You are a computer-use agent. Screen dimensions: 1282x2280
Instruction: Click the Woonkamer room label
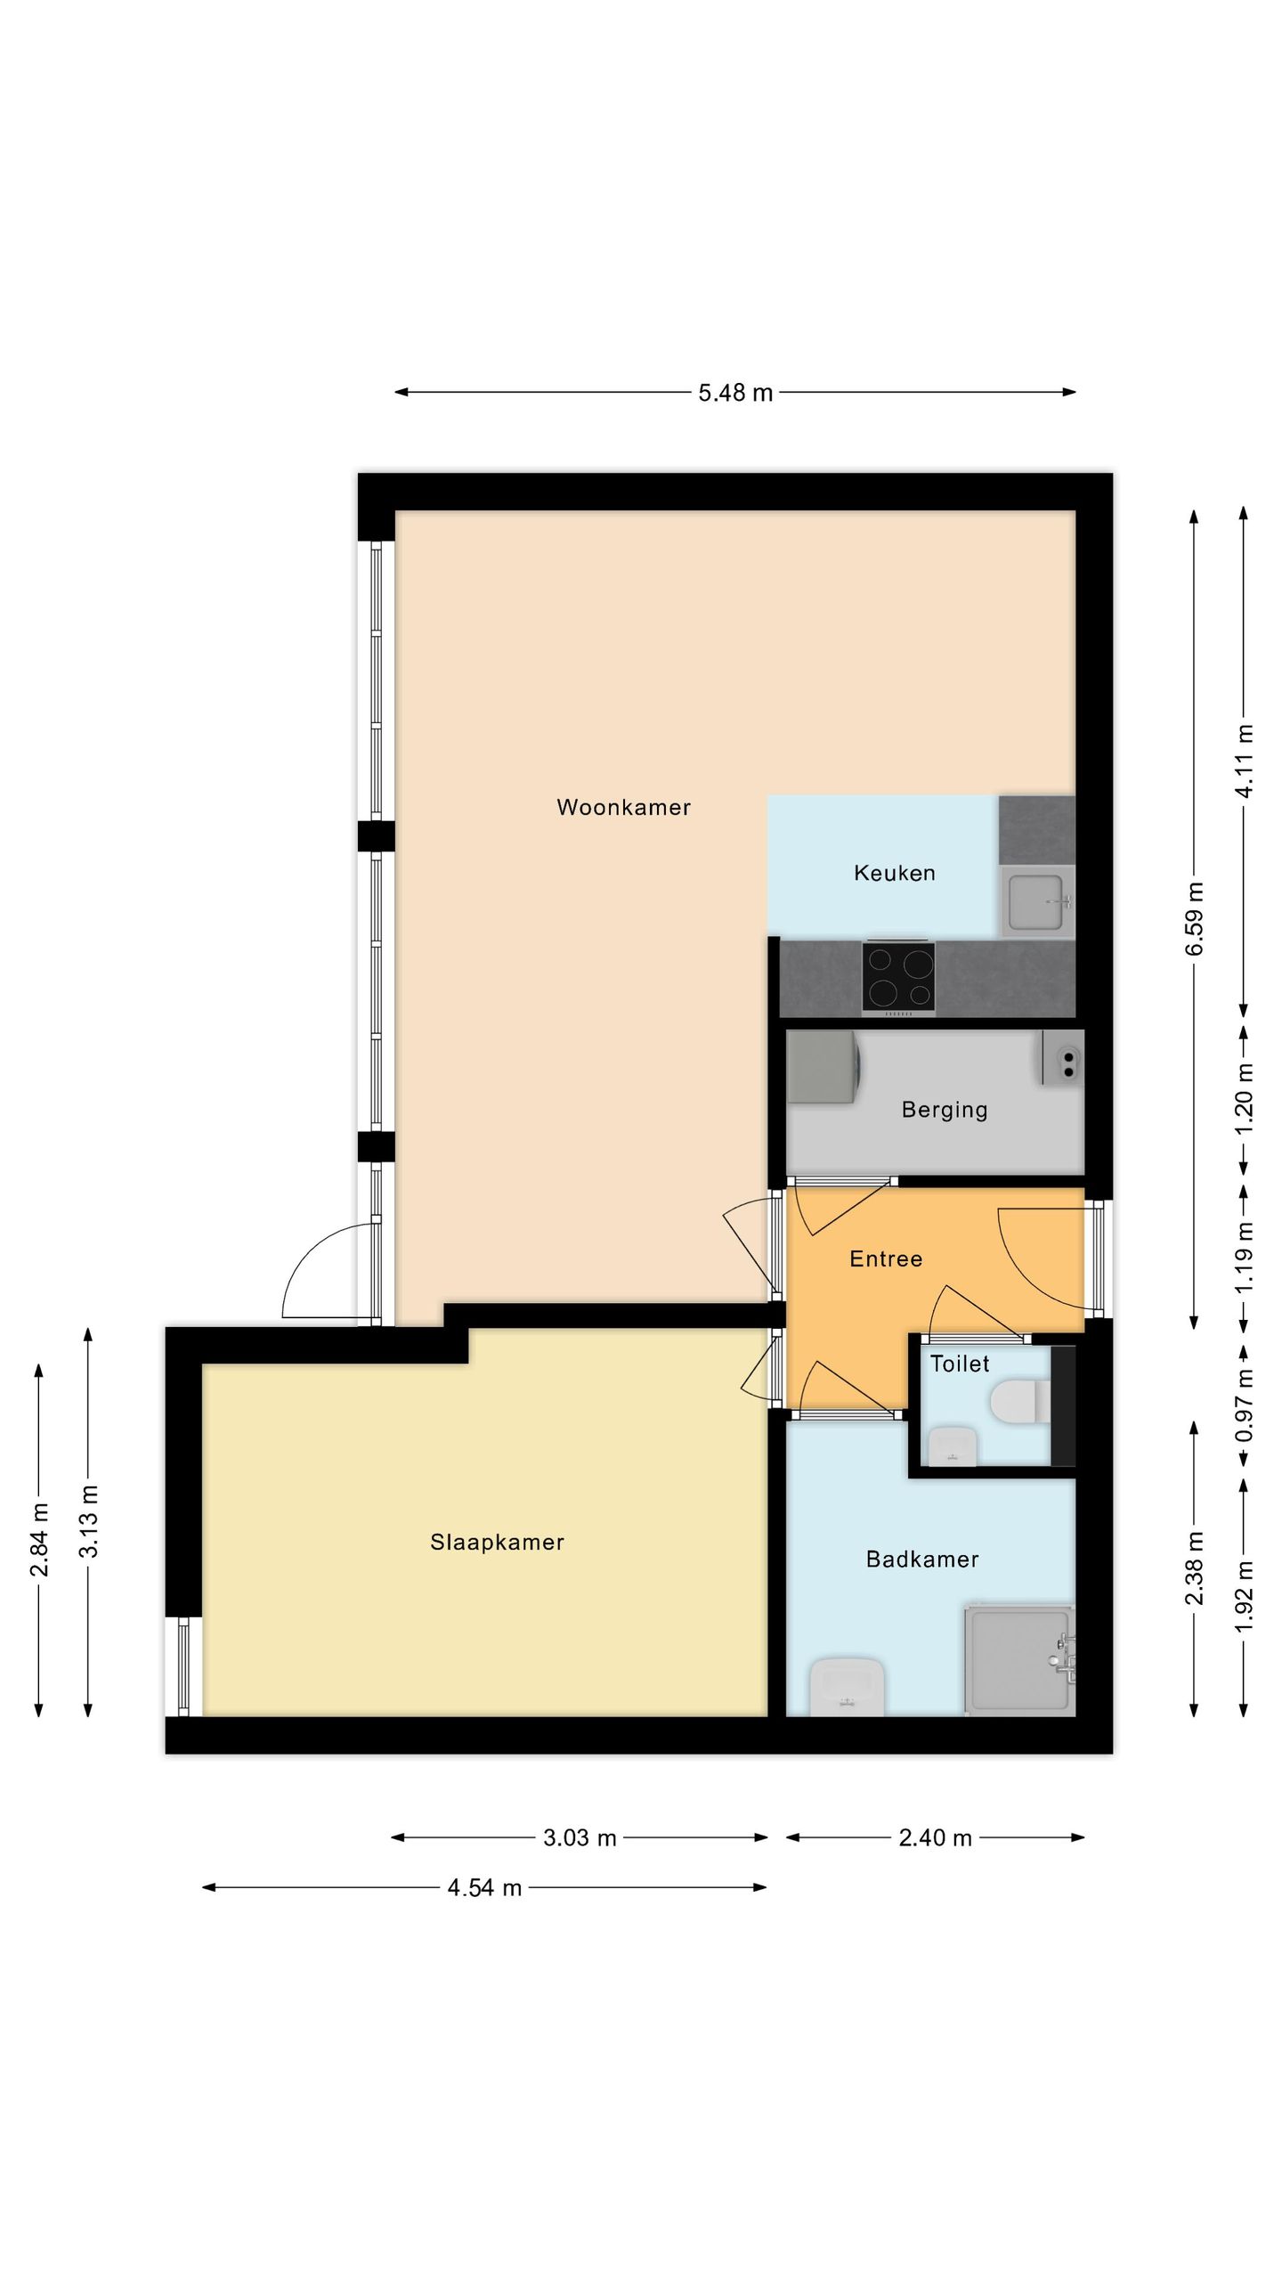click(623, 808)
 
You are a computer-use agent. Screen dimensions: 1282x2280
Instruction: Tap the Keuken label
click(895, 874)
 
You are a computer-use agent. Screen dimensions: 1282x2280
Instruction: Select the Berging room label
click(945, 1110)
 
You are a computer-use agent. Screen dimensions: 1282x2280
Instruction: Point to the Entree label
click(886, 1258)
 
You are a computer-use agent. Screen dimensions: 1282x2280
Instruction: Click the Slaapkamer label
click(497, 1543)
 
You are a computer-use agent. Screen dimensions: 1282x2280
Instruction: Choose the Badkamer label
click(922, 1559)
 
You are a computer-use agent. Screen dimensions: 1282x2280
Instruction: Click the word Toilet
click(960, 1364)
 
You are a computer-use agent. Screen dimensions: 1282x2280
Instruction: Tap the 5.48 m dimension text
click(735, 393)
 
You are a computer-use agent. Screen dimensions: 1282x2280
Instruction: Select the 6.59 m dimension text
click(1195, 918)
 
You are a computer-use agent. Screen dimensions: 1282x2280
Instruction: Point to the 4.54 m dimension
click(484, 1888)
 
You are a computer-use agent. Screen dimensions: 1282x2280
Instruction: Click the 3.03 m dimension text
click(580, 1838)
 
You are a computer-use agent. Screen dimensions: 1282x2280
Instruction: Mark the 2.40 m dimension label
click(935, 1838)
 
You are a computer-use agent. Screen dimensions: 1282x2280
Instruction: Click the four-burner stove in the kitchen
click(898, 978)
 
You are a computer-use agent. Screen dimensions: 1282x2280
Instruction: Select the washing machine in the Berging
click(822, 1067)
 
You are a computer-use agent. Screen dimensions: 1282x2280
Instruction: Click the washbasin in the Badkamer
click(847, 1686)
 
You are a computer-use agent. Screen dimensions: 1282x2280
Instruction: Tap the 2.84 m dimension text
click(39, 1539)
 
